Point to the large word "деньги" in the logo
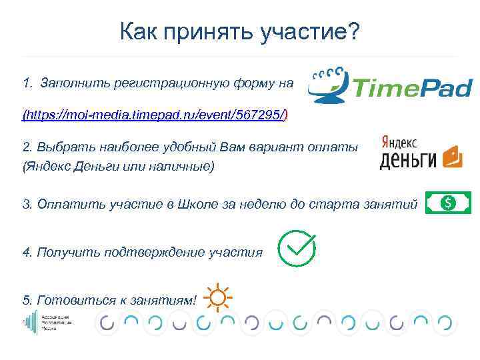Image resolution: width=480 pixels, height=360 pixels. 407,159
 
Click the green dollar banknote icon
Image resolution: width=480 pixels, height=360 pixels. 448,203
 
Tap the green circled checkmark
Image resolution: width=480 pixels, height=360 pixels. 296,249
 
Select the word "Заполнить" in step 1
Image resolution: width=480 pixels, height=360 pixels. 69,84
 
